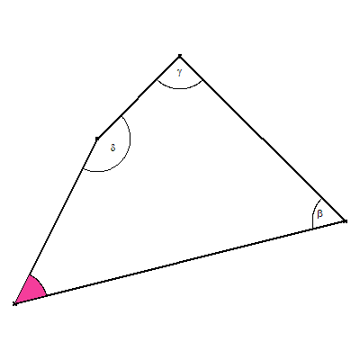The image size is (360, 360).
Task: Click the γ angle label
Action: tap(179, 72)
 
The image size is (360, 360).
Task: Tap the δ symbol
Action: tap(112, 148)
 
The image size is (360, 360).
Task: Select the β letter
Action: tap(319, 213)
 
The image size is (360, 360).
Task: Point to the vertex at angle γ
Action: tap(180, 56)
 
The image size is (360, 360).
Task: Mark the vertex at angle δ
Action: tap(97, 139)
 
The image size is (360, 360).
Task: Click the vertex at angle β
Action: tap(346, 221)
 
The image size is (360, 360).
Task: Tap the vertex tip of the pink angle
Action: tap(14, 304)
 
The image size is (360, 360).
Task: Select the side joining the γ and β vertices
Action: tap(263, 139)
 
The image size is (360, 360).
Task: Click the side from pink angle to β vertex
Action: tap(180, 263)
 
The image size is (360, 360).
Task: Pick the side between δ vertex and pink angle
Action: tap(56, 221)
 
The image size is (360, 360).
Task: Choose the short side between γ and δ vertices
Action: tap(139, 97)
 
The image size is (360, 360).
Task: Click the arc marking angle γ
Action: tap(180, 89)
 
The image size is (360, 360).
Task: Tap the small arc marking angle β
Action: tap(314, 213)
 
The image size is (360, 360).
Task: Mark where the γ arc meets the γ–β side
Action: tap(202, 80)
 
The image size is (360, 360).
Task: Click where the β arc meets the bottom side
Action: tap(312, 229)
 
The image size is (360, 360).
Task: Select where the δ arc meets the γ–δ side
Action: tap(121, 116)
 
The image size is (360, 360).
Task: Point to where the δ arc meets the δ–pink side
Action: tap(83, 169)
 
